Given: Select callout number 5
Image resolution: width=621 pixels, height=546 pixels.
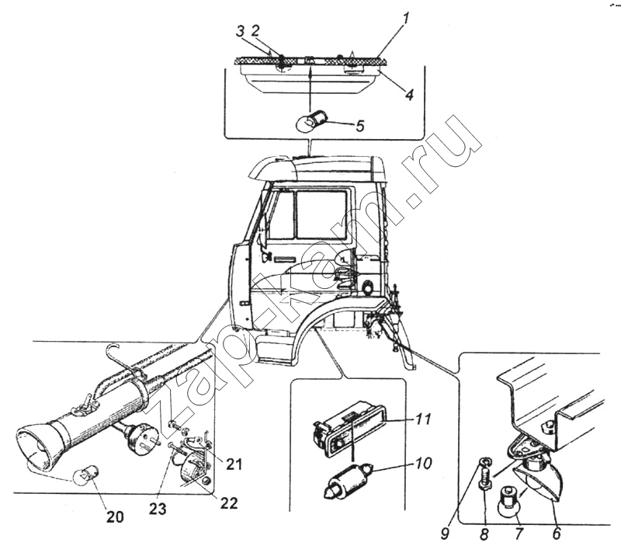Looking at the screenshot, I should point(359,125).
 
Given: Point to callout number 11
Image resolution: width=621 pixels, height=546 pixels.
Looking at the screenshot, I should point(423,420).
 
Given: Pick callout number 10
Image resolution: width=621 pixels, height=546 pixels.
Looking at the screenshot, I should point(424,464).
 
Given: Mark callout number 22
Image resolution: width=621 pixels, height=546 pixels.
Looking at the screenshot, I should point(228,503).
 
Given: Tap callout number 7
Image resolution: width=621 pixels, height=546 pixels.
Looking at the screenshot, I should point(518,534).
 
